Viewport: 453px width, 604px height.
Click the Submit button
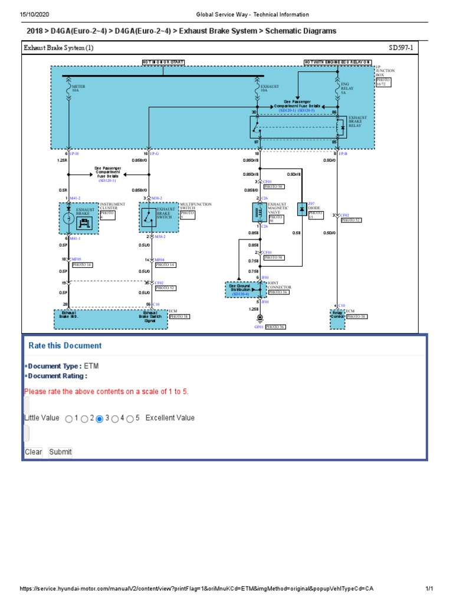coord(60,452)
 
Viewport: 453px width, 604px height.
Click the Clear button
coord(34,452)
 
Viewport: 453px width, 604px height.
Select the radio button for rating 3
coord(99,419)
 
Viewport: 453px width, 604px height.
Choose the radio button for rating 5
coord(130,419)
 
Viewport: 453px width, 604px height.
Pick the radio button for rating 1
coord(69,419)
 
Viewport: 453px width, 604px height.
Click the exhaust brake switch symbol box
coord(149,217)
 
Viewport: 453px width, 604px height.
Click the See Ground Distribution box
coord(240,290)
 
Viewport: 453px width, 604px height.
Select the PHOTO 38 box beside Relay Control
coord(356,317)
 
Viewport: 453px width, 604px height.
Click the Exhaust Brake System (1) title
coord(58,48)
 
